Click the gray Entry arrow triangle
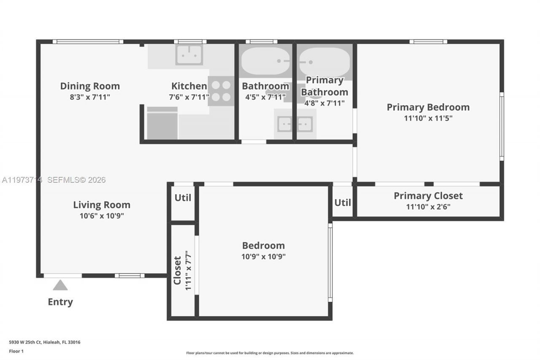(x=60, y=286)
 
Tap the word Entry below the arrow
(x=60, y=302)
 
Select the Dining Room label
(x=90, y=86)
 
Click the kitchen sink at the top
(x=189, y=54)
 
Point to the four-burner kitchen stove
(x=221, y=91)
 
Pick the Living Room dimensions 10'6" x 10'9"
(x=102, y=216)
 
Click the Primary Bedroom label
(x=428, y=107)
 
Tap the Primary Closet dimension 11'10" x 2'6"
(x=428, y=207)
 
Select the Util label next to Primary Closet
(x=343, y=203)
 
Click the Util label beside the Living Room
(x=183, y=198)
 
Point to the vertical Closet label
(x=177, y=271)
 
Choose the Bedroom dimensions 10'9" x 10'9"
(x=263, y=256)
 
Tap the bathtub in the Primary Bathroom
(x=324, y=62)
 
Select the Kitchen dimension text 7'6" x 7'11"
(x=189, y=97)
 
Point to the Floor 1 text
(x=16, y=351)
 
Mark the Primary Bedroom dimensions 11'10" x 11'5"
(x=428, y=118)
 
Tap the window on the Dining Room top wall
(x=88, y=42)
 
